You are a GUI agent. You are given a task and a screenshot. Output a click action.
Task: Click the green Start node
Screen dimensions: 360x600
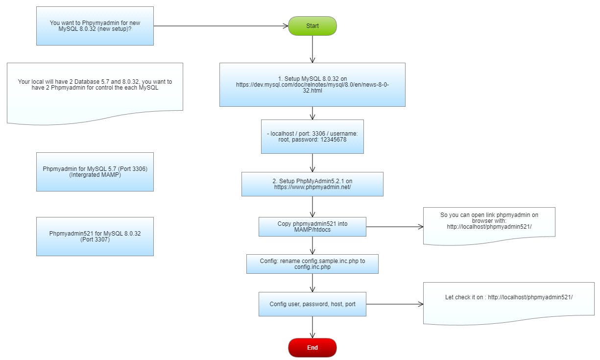click(x=312, y=26)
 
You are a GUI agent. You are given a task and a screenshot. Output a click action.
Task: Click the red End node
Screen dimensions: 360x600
click(x=312, y=348)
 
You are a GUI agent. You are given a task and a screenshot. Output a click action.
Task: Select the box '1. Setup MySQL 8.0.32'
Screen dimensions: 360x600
click(x=312, y=85)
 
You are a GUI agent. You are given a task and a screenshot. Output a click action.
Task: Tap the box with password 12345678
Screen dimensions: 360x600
click(x=312, y=136)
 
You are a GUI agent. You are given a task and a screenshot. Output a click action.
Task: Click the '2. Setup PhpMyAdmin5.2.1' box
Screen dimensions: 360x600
click(x=312, y=184)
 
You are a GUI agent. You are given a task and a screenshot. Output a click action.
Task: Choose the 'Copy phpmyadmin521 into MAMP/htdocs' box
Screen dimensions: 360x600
click(x=312, y=227)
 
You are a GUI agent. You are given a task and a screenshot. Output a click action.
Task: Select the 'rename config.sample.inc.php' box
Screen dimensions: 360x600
click(x=312, y=264)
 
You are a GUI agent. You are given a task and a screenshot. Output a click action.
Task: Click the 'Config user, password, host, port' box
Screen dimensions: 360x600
click(x=312, y=304)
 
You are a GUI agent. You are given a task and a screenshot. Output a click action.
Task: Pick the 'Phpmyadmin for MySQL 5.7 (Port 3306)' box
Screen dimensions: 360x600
click(x=95, y=171)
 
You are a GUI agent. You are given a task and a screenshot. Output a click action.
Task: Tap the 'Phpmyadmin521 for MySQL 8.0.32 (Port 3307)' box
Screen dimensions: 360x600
click(x=95, y=237)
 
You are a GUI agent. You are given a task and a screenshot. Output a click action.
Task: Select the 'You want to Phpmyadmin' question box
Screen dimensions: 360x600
click(x=95, y=26)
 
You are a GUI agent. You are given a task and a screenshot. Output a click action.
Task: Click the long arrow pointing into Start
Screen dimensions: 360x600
click(x=220, y=26)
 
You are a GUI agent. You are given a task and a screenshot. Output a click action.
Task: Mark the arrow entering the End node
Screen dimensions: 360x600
click(x=312, y=327)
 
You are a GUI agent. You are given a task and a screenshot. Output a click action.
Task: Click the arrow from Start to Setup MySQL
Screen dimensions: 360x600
click(x=312, y=49)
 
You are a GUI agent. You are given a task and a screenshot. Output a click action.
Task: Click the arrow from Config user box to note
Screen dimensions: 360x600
click(x=394, y=304)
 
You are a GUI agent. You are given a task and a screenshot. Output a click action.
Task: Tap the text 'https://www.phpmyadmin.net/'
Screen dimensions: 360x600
click(x=312, y=187)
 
